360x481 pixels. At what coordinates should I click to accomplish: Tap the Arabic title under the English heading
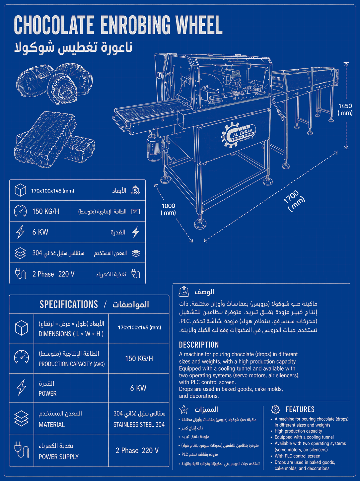tap(73, 47)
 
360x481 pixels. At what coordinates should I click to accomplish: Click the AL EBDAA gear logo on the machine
tap(238, 135)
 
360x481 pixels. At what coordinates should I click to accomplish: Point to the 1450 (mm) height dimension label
tap(345, 109)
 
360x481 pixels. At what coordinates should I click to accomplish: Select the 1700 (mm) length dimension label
tap(294, 201)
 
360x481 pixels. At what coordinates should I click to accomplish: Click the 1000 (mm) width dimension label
tap(168, 209)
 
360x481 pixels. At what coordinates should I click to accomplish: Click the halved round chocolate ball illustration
tap(62, 89)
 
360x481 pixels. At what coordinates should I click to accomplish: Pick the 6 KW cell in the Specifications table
tap(138, 388)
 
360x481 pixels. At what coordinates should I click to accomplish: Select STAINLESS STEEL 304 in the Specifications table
tap(139, 425)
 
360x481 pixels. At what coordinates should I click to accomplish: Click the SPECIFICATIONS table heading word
tap(69, 304)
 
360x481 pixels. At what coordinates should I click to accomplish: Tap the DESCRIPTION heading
tap(199, 345)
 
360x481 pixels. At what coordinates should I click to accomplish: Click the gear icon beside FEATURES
tap(275, 409)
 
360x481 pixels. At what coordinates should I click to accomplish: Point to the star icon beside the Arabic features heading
tap(183, 409)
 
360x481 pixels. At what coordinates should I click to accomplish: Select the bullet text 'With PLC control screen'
tap(297, 456)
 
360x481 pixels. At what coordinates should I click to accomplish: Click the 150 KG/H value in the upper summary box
tap(45, 211)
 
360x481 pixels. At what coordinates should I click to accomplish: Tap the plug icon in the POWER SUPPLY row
tap(22, 450)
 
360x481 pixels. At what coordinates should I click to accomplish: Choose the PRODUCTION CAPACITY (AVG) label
tap(72, 364)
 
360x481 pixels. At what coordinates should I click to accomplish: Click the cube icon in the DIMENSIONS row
tap(22, 328)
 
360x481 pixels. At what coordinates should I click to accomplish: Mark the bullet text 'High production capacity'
tap(298, 431)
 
